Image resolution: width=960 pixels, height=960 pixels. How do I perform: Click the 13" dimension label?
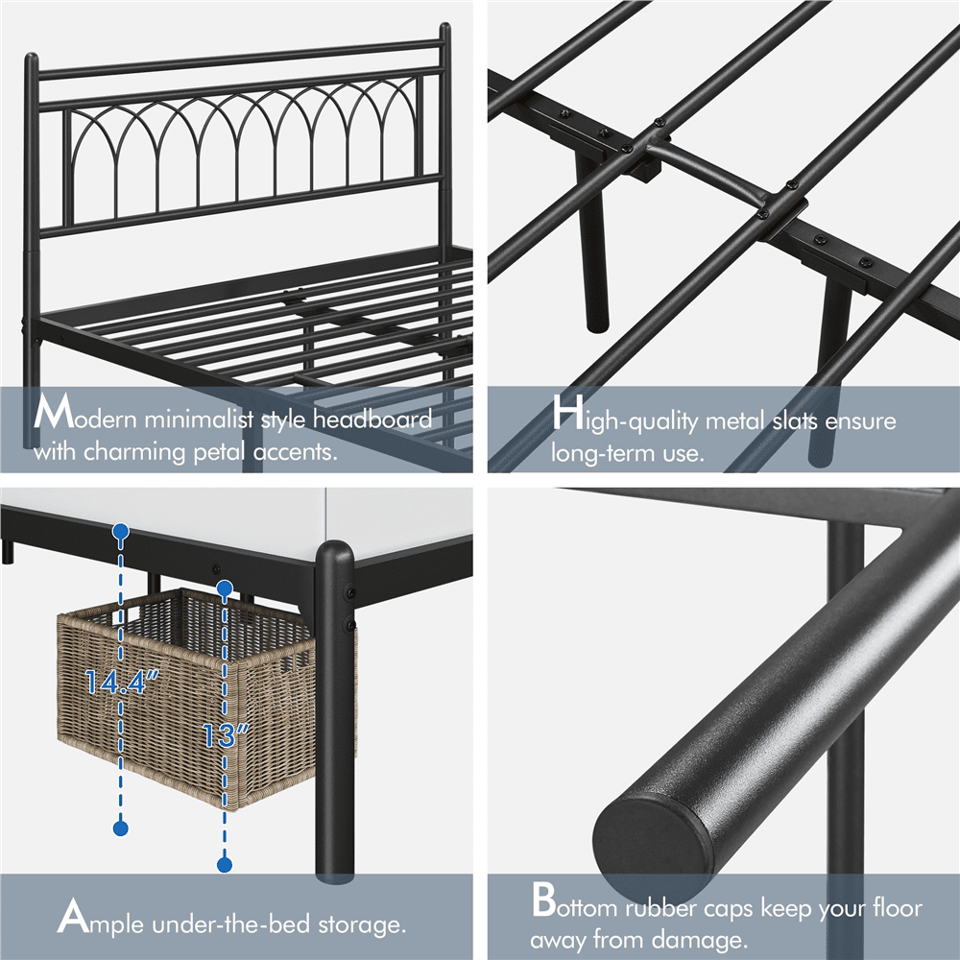point(227,734)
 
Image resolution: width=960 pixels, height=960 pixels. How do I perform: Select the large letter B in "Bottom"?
point(545,903)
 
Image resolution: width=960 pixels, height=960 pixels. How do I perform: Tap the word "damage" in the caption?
point(695,939)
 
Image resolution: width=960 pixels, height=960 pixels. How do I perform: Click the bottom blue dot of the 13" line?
point(225,865)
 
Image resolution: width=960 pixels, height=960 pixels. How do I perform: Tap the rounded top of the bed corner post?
point(334,555)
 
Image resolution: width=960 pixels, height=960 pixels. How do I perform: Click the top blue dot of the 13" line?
point(225,587)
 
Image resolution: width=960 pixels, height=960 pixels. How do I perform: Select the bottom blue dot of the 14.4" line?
point(121,827)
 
